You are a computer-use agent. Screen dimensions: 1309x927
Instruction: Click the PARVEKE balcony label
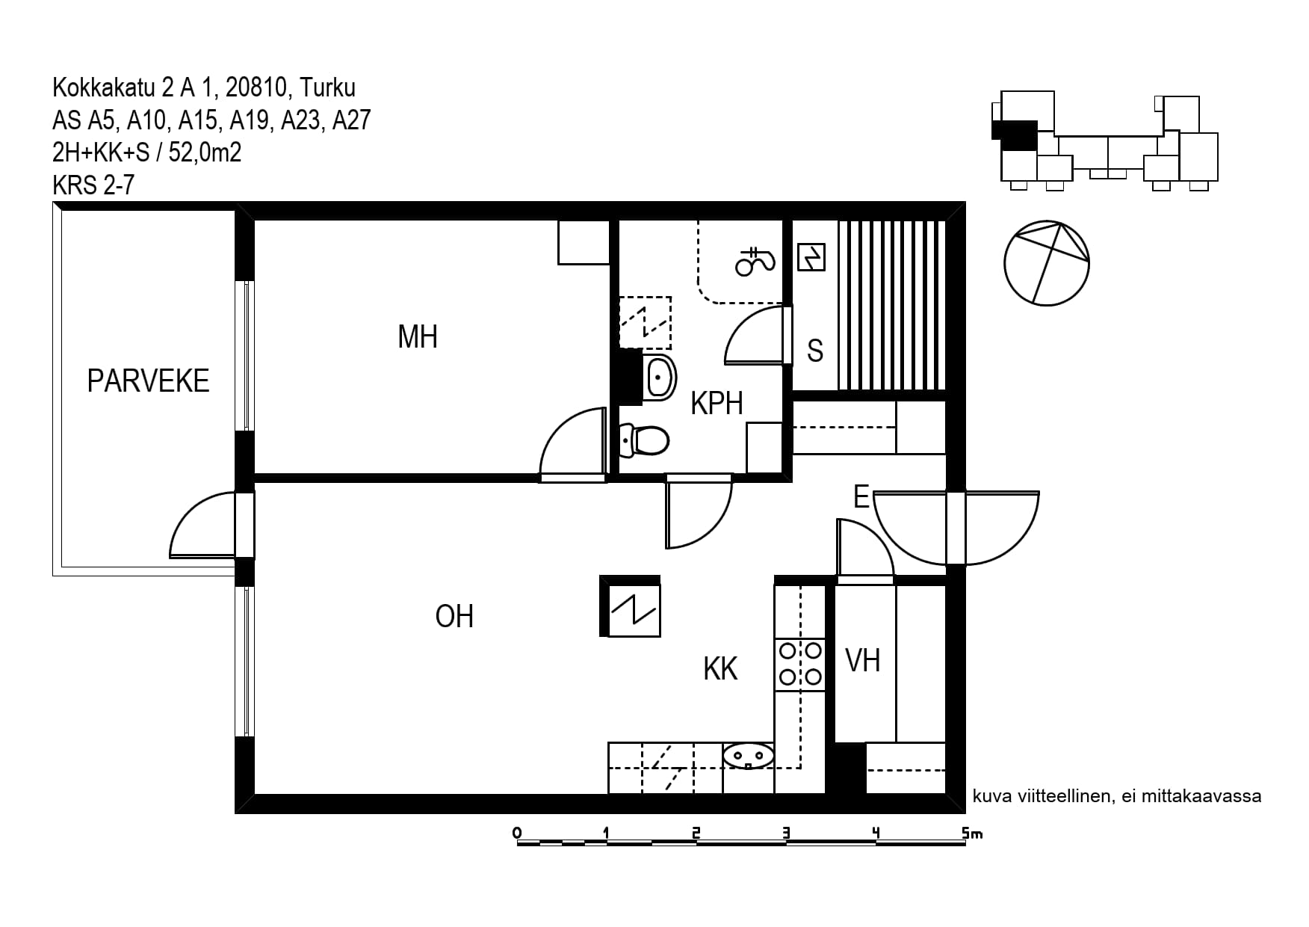(148, 381)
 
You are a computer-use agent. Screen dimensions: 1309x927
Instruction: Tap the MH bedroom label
(418, 336)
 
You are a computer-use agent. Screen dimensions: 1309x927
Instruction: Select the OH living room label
(454, 616)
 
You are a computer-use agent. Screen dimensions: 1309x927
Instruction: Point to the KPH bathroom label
(717, 404)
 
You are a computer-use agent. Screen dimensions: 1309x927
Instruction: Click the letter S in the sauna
(815, 351)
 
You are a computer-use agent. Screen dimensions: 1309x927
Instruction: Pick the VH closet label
(862, 661)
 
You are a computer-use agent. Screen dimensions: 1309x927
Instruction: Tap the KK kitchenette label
(720, 669)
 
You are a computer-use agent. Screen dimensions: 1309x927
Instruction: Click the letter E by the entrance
(861, 496)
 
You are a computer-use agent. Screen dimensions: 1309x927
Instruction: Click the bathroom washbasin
(660, 378)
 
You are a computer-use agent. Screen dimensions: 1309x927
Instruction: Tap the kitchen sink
(748, 756)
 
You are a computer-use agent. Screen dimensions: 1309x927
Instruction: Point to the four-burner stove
(800, 663)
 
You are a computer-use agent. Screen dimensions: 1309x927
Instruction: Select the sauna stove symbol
(811, 257)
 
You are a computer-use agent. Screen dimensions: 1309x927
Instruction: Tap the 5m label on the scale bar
(972, 833)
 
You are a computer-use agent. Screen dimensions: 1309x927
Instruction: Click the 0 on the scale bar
(517, 833)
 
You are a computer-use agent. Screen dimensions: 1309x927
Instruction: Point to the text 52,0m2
(205, 153)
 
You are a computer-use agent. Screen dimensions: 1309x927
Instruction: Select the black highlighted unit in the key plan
(1016, 135)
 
